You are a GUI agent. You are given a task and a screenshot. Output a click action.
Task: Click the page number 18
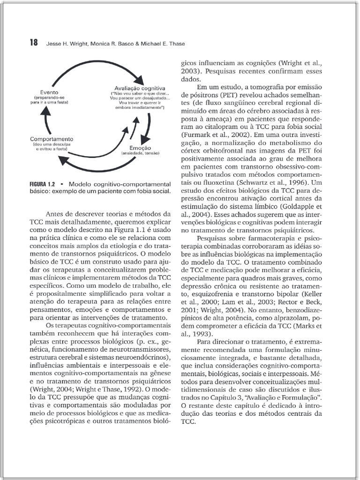tap(33, 43)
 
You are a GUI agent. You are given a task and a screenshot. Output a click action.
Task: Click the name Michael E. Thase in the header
tap(163, 44)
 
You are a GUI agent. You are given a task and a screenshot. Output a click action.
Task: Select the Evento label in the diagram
tap(49, 92)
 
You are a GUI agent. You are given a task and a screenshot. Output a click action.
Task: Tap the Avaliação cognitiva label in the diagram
tap(140, 88)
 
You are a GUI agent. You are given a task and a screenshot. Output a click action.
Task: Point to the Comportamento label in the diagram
tap(52, 139)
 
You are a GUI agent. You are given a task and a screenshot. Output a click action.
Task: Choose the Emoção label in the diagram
tap(140, 148)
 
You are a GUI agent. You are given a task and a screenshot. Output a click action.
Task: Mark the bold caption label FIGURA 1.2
tap(44, 184)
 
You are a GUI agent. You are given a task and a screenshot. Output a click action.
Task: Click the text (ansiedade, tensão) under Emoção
tap(140, 153)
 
